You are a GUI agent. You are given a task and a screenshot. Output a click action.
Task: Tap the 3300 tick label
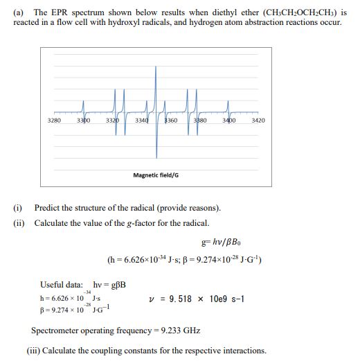point(82,121)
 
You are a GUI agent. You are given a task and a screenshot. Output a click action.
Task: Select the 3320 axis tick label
point(112,121)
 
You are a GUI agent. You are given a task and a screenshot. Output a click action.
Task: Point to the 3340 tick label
point(141,121)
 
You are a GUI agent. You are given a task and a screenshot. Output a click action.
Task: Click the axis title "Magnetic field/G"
point(156,175)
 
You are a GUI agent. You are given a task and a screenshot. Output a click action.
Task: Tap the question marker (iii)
point(33,351)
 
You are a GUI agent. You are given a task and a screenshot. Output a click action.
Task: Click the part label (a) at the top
point(19,13)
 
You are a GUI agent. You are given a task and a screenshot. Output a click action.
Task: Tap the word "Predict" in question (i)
point(49,208)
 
